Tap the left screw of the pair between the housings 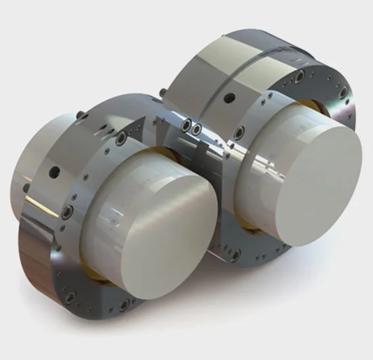tap(186, 125)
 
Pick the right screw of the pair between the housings tap(197, 128)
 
